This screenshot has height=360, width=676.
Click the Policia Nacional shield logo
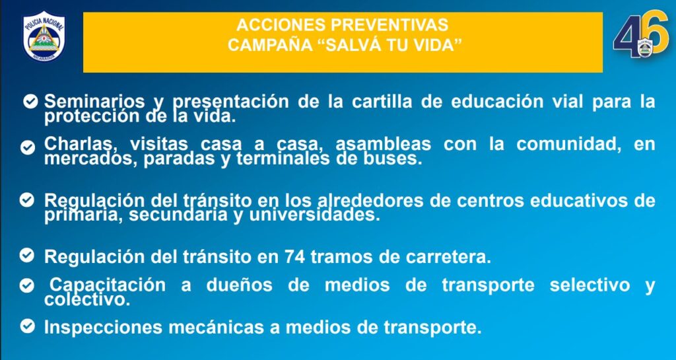point(44,36)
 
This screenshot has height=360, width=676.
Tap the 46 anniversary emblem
point(641,34)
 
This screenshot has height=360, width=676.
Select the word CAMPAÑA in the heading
point(270,44)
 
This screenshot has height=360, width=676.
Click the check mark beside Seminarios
point(30,102)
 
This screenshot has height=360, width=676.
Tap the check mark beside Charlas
point(27,147)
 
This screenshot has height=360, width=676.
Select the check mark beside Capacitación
point(26,285)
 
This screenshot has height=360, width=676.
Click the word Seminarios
point(94,101)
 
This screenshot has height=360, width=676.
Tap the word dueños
point(239,285)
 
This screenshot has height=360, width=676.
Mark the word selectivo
point(590,285)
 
